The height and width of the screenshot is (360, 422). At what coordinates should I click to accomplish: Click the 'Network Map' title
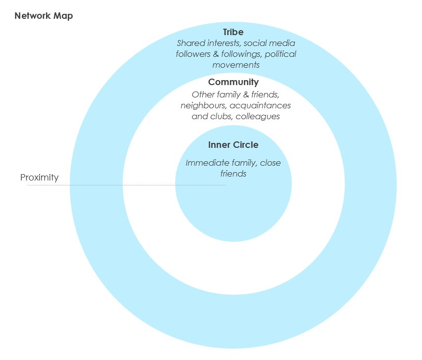pyautogui.click(x=44, y=16)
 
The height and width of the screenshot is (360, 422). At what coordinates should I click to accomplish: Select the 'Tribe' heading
pyautogui.click(x=233, y=32)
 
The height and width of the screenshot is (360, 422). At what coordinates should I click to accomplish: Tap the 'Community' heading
pyautogui.click(x=233, y=82)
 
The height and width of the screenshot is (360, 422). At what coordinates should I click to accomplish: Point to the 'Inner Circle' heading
pyautogui.click(x=233, y=145)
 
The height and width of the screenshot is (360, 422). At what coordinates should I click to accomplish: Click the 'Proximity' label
pyautogui.click(x=39, y=178)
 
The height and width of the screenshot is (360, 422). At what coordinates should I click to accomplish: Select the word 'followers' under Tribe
pyautogui.click(x=193, y=54)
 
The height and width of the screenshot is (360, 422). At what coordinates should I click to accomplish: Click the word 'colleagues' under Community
pyautogui.click(x=258, y=117)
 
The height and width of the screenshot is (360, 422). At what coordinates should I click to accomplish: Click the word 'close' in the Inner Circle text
pyautogui.click(x=270, y=163)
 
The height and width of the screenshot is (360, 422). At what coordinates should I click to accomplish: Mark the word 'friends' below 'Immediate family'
pyautogui.click(x=233, y=174)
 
